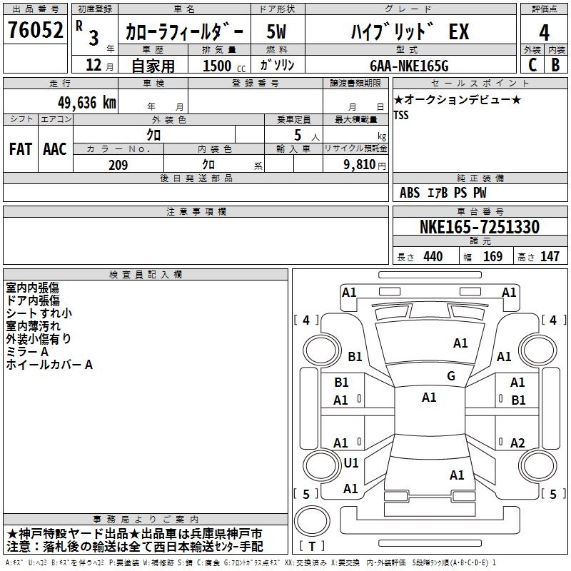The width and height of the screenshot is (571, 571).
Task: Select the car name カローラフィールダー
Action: [184, 32]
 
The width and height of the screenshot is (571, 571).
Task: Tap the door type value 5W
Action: [278, 32]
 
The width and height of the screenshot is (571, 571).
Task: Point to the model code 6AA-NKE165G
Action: [408, 66]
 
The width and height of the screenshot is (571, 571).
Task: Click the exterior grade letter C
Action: [532, 65]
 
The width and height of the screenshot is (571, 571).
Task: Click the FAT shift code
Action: [20, 149]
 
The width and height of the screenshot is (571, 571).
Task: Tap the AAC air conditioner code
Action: [55, 149]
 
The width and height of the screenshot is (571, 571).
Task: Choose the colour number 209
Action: [118, 165]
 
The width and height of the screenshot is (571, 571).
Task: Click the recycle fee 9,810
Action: [354, 165]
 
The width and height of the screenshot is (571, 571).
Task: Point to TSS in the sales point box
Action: [402, 115]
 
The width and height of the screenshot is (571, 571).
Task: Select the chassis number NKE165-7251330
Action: [479, 227]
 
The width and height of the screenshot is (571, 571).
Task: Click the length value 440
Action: [433, 257]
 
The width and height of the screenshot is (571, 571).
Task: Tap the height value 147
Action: [550, 257]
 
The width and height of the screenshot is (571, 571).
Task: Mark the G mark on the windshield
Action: [451, 375]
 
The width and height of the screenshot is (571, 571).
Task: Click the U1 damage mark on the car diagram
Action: [351, 463]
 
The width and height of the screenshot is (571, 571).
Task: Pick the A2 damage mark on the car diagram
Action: [517, 443]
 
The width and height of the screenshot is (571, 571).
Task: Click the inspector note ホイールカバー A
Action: [49, 365]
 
